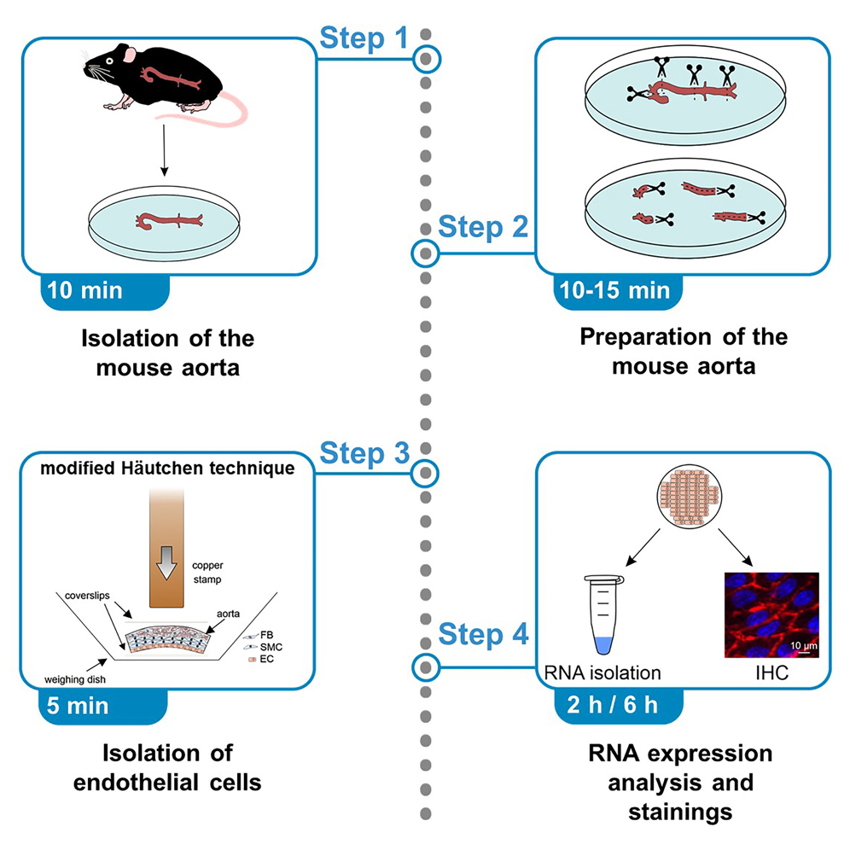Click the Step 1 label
tap(364, 38)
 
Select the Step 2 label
tap(483, 229)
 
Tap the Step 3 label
tap(364, 453)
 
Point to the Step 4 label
tap(483, 634)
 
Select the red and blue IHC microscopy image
tap(771, 614)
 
